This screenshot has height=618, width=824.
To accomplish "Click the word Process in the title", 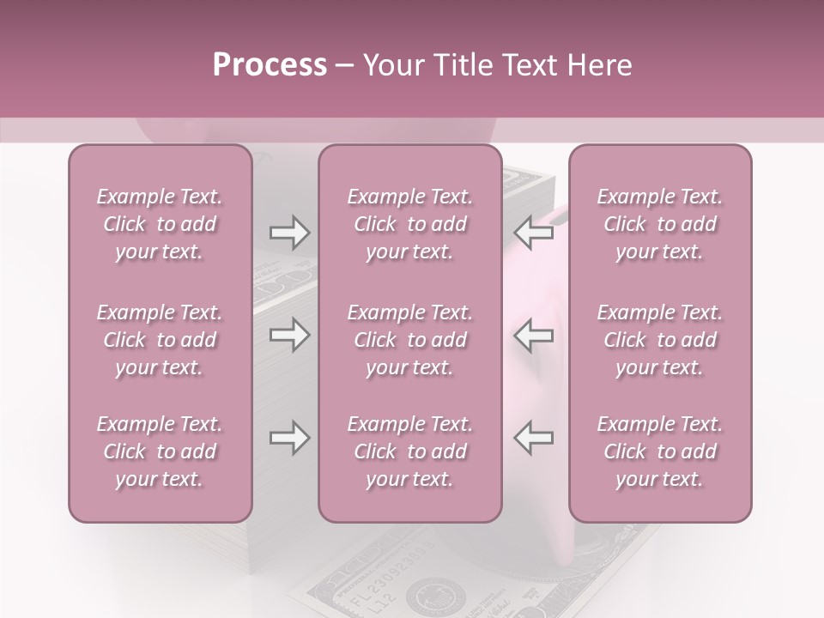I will click(x=270, y=65).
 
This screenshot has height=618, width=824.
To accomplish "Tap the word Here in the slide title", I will click(x=598, y=65).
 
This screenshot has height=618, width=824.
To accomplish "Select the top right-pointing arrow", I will click(x=289, y=233).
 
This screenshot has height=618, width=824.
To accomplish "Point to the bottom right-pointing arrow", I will click(x=289, y=439).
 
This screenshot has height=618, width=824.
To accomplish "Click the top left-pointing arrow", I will click(x=533, y=233).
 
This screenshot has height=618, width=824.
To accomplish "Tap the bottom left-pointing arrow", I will click(x=533, y=439).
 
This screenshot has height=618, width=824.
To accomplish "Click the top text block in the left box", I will click(x=160, y=224).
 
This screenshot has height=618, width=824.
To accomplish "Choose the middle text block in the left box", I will click(x=160, y=340).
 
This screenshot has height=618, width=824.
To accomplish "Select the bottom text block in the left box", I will click(x=160, y=451).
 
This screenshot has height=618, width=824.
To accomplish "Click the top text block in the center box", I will click(x=410, y=224).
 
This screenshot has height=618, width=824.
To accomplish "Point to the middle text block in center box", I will click(x=410, y=340).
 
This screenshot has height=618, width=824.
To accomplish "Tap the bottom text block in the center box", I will click(x=410, y=451).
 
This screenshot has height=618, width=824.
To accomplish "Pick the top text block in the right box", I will click(x=660, y=224).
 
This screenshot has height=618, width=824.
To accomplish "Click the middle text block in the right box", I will click(x=660, y=340).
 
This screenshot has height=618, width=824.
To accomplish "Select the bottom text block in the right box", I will click(x=660, y=451).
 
